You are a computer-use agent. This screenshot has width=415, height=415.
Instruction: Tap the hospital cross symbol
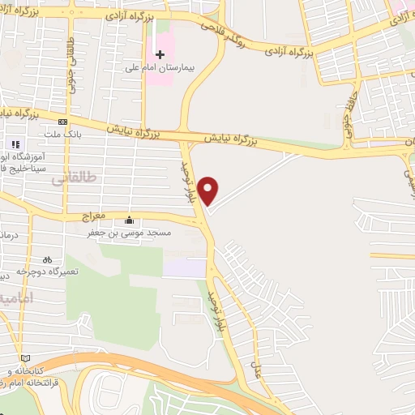pyautogui.click(x=160, y=53)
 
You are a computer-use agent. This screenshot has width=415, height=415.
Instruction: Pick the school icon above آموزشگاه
pyautogui.click(x=16, y=143)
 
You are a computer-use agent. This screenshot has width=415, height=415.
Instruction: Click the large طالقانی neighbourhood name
pyautogui.click(x=73, y=176)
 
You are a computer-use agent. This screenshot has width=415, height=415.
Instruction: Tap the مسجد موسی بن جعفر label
pyautogui.click(x=130, y=233)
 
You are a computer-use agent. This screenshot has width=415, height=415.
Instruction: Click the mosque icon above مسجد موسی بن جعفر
pyautogui.click(x=130, y=220)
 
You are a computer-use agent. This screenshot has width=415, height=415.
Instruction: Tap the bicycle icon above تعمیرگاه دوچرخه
pyautogui.click(x=47, y=259)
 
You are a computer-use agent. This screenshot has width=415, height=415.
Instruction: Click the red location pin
pyautogui.click(x=209, y=191)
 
